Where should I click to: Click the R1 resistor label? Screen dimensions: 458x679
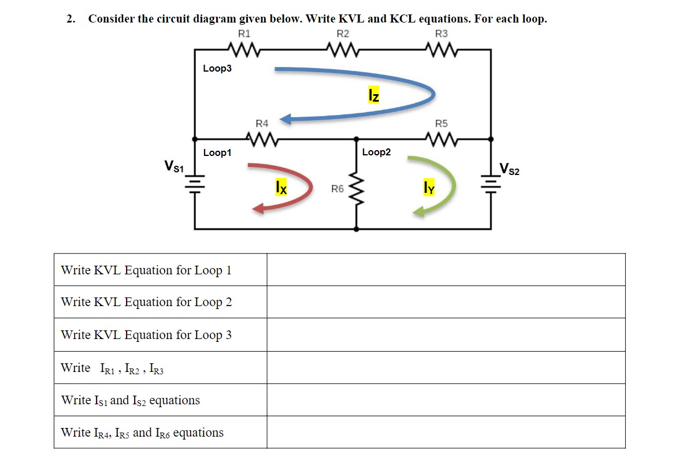pos(244,34)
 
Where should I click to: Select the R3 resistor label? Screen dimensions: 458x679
pos(441,34)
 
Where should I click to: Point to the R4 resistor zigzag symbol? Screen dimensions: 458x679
pos(262,139)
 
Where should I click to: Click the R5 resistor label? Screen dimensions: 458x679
pos(441,124)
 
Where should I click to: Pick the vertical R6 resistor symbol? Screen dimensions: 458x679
pos(356,189)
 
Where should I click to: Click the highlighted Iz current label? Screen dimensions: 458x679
pos(374,95)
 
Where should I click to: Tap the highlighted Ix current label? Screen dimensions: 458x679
pos(280,187)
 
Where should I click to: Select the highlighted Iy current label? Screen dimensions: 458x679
pos(428,187)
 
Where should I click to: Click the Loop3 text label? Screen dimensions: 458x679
pos(217,69)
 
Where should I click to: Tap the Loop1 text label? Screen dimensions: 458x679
pos(217,153)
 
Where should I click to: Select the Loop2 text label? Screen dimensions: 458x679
pos(376,152)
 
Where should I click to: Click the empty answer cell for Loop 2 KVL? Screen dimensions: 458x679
pos(446,302)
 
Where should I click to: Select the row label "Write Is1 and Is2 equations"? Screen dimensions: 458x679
pos(131,400)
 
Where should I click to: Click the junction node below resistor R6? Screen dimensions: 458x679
pos(356,229)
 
